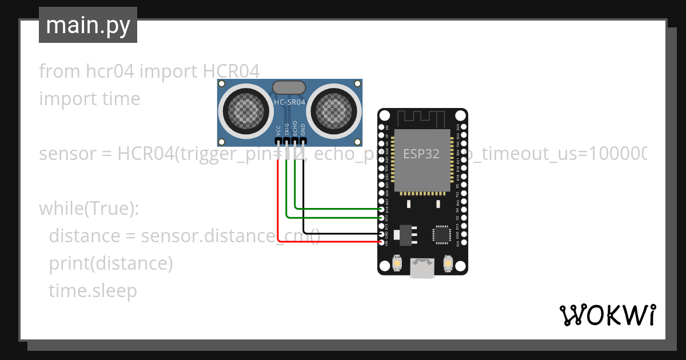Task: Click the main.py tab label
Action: (x=88, y=25)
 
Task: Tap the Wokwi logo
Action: (x=607, y=315)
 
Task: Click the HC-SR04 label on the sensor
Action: (x=290, y=102)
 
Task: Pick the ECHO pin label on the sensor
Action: (x=295, y=129)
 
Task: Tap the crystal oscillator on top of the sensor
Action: (x=290, y=87)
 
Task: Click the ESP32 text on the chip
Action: (x=421, y=154)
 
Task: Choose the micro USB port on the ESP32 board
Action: (x=422, y=268)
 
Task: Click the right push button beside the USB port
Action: (x=448, y=264)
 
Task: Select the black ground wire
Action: (x=304, y=200)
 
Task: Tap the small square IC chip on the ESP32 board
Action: (x=442, y=234)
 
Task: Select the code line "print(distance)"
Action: (x=110, y=263)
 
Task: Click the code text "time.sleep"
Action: (x=93, y=291)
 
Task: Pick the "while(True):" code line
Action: (x=89, y=209)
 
